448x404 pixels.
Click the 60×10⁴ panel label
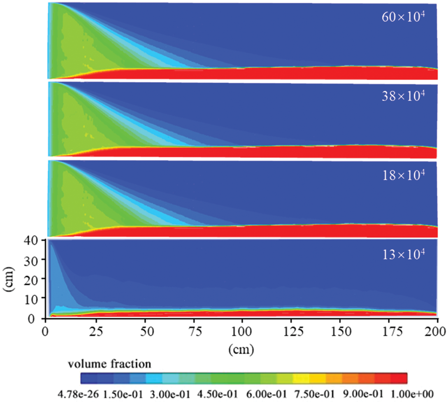(x=403, y=17)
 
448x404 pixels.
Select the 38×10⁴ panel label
(x=403, y=96)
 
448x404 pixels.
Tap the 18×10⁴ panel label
(x=403, y=175)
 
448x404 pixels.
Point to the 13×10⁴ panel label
(x=403, y=255)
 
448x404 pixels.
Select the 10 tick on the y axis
(x=31, y=299)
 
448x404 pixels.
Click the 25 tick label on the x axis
(x=96, y=332)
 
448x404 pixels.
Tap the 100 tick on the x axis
(x=242, y=332)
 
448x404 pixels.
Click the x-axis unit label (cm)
(x=241, y=349)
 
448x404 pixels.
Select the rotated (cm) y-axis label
(x=9, y=279)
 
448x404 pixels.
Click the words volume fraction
(x=109, y=364)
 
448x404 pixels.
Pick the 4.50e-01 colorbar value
(x=218, y=394)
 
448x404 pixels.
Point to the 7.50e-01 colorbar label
(x=314, y=394)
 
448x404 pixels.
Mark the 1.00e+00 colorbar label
(x=412, y=394)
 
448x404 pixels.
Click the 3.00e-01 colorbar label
(x=170, y=394)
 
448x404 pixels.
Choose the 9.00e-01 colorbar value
(x=363, y=394)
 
